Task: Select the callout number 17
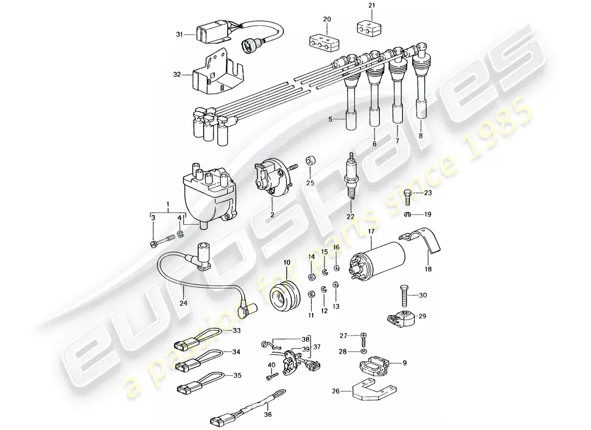point(370,232)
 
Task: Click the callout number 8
point(421,137)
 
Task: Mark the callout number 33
point(237,331)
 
